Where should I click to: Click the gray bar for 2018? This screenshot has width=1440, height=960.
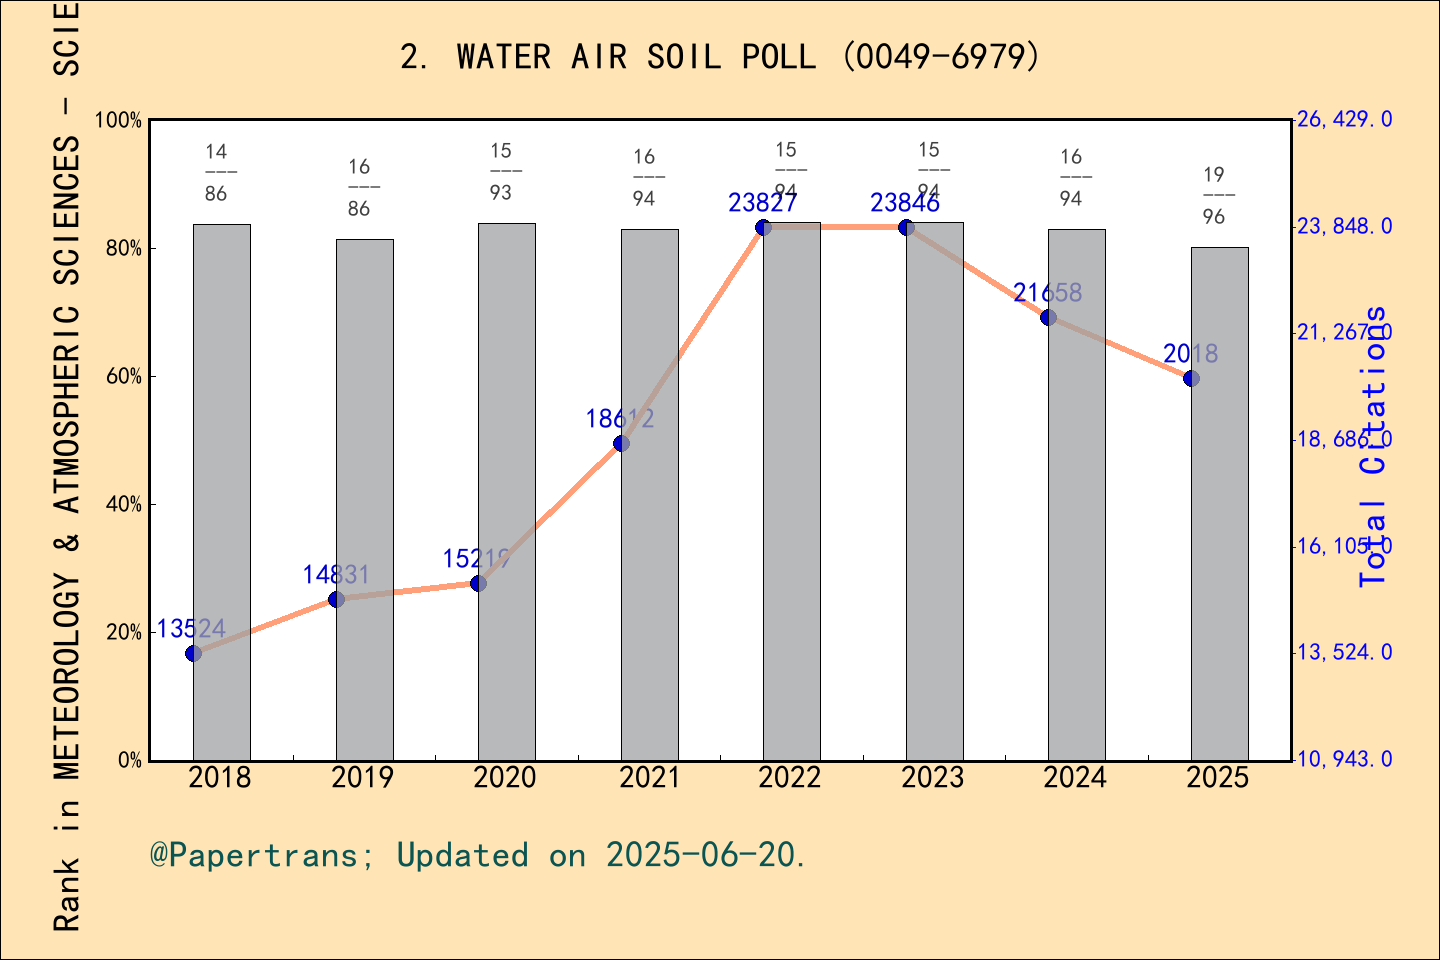pos(221,490)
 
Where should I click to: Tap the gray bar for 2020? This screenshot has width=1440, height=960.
pos(506,490)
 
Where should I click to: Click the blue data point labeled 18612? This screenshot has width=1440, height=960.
pos(621,443)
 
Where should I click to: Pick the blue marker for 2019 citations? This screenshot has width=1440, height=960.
pos(336,599)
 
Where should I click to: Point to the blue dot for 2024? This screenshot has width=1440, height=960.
pos(1048,317)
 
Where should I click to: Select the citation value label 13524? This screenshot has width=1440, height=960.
pos(192,629)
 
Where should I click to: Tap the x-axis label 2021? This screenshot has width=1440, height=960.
pos(649,778)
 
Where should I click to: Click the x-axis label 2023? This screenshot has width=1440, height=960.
pos(933,778)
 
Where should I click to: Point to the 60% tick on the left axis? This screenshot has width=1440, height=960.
pos(125,377)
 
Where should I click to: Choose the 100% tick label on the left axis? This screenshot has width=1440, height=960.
pos(118,121)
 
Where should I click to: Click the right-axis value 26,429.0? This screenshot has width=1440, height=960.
pos(1344,120)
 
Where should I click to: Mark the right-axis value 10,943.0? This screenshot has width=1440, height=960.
pos(1344,760)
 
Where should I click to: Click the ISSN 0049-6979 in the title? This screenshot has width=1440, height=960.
pos(941,57)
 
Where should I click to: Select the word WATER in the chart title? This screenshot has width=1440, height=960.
pos(503,57)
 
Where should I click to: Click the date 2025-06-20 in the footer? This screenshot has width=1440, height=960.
pos(701,856)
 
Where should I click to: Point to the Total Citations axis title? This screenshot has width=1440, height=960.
pos(1375,446)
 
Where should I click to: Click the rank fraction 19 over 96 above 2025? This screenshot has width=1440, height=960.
pos(1214,196)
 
